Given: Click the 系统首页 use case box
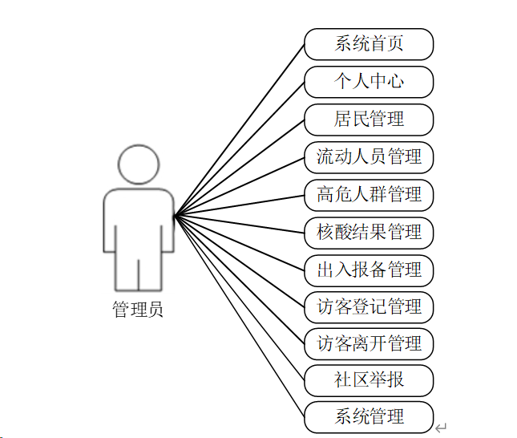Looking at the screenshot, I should point(369,44).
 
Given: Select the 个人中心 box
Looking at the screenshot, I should point(369,82).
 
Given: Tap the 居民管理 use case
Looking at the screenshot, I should point(369,120).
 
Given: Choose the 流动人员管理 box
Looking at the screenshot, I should point(369,157).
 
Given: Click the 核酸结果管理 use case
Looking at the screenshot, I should point(369,233).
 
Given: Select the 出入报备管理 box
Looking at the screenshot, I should point(369,270).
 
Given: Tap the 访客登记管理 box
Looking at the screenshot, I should point(369,307).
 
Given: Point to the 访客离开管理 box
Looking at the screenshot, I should point(369,344).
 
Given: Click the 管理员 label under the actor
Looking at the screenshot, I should point(138,310).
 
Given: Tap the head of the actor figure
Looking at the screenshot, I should point(139,164).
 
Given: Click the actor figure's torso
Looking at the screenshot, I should point(139,221).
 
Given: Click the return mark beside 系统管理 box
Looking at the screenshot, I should point(441,428).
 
